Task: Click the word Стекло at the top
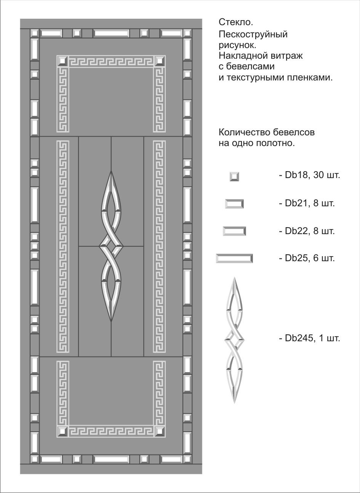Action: point(236,22)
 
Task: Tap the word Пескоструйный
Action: point(253,35)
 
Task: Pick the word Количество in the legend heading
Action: point(245,132)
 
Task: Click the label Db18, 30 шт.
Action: point(310,175)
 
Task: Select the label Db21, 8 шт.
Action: point(307,203)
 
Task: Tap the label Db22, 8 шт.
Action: point(307,231)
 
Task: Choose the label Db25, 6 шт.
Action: point(307,258)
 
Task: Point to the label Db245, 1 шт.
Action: point(310,338)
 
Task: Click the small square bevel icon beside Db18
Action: point(234,177)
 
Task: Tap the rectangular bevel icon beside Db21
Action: point(234,204)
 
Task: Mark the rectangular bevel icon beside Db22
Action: point(234,231)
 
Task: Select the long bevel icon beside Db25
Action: point(234,259)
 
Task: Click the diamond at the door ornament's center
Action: point(111,246)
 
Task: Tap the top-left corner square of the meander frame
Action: point(62,61)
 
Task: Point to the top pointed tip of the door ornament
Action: point(111,171)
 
